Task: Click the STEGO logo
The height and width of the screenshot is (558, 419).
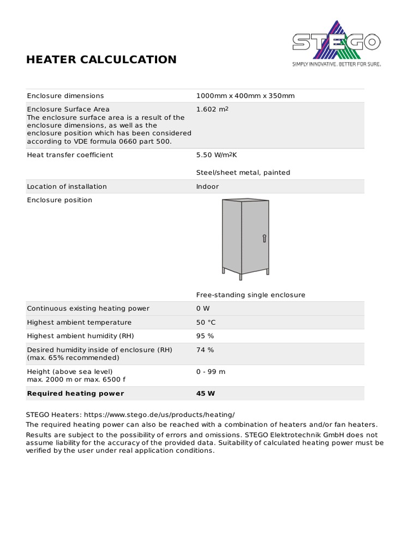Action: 336,40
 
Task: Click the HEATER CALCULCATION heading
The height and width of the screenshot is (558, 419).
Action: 101,59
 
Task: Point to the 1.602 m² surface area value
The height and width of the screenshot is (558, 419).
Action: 212,109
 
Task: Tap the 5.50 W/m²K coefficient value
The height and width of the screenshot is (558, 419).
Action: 217,155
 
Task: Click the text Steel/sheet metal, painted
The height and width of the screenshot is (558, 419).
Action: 243,173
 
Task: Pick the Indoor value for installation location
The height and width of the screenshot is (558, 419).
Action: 207,186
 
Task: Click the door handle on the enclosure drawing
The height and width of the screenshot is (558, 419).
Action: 264,238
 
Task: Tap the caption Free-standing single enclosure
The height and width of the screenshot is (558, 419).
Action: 250,295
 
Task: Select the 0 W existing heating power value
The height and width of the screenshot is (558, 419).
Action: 203,308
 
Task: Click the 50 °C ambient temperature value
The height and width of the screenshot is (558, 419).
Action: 206,323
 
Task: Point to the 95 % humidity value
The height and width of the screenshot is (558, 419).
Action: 205,336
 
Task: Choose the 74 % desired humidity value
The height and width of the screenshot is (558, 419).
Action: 205,350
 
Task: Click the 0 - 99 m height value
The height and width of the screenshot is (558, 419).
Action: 211,372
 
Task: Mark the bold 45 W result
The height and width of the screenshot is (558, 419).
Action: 206,393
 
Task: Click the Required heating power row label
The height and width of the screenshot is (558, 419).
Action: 75,393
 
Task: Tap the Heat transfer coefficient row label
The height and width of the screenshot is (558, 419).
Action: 70,155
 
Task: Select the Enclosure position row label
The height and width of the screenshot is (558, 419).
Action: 59,200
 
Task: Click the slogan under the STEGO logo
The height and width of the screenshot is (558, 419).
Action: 337,64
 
